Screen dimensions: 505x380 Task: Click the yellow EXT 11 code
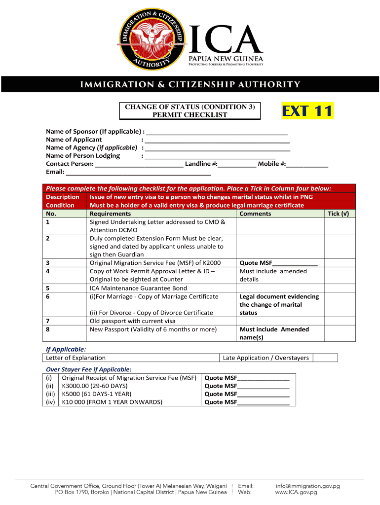click(x=307, y=111)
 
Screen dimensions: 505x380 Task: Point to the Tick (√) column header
click(x=339, y=214)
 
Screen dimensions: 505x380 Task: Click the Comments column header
click(x=255, y=214)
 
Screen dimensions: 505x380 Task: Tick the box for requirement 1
click(x=340, y=226)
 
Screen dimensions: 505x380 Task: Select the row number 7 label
click(x=48, y=321)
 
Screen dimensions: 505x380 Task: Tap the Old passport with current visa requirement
click(x=132, y=321)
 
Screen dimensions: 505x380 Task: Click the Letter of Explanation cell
click(x=76, y=358)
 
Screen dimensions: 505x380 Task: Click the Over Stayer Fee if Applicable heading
click(x=89, y=369)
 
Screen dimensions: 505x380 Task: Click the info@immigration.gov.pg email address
click(x=307, y=486)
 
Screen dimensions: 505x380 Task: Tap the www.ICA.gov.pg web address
click(x=296, y=492)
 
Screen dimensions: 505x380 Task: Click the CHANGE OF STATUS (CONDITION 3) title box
click(x=190, y=111)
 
